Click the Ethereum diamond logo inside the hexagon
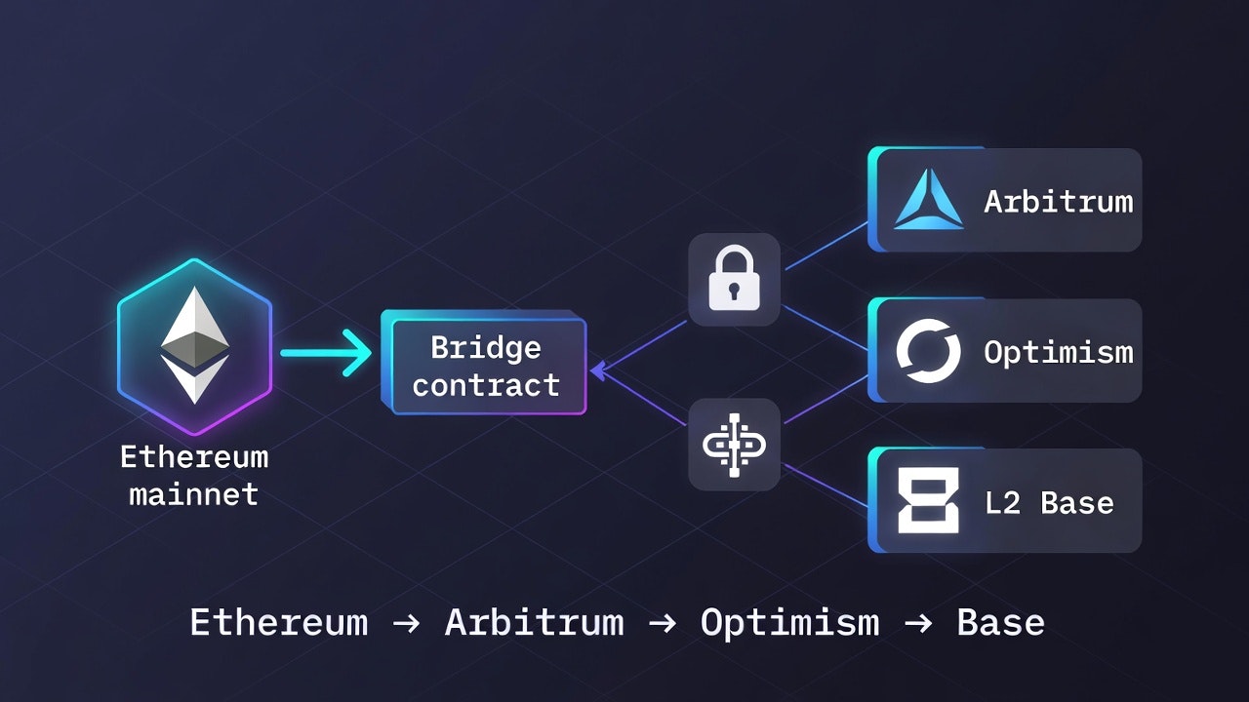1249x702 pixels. [195, 346]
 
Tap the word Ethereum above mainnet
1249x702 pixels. [193, 456]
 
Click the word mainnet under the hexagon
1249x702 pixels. [193, 493]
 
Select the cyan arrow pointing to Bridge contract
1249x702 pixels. [326, 353]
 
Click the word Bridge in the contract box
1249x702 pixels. [485, 347]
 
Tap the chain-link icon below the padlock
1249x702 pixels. [734, 444]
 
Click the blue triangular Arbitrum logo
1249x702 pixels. [928, 200]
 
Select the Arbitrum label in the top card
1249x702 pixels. [1058, 201]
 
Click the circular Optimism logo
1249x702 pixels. [928, 351]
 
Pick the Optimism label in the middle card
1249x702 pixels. [1058, 351]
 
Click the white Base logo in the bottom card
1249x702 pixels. [928, 500]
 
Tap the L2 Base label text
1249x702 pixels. [1049, 502]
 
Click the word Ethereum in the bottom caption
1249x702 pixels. [278, 622]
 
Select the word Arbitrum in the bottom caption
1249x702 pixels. [534, 622]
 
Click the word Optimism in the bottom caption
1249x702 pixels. [789, 622]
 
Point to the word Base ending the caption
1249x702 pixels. [1000, 622]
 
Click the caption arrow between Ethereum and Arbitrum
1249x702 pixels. [406, 623]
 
